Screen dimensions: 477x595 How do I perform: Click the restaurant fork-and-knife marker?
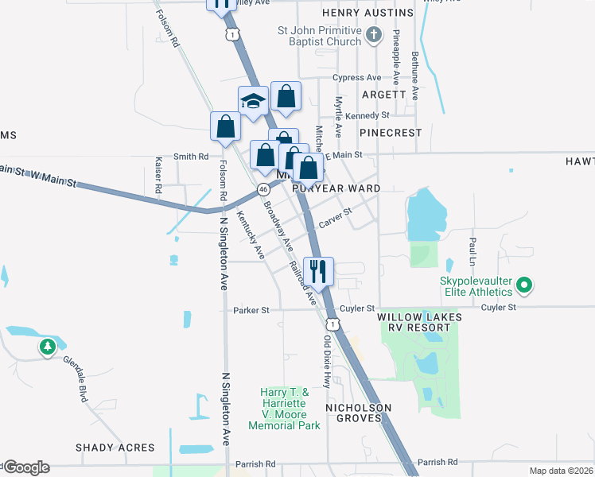coord(319,271)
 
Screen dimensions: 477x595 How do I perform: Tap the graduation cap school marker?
coord(253,102)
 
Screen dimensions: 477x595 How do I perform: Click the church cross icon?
coord(376,36)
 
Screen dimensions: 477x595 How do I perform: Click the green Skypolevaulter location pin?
coord(524,284)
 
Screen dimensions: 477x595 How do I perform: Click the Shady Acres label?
coord(115,448)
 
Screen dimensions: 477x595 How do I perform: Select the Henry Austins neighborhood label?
coord(367,14)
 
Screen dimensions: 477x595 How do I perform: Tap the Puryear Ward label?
coord(336,188)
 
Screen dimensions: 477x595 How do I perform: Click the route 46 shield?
coord(262,189)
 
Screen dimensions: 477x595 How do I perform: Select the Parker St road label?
coord(251,310)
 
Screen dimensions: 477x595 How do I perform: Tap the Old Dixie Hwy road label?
coord(327,363)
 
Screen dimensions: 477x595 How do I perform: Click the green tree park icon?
coord(48,347)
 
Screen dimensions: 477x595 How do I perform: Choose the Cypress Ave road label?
coord(357,78)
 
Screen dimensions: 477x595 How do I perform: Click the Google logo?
coord(27,467)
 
